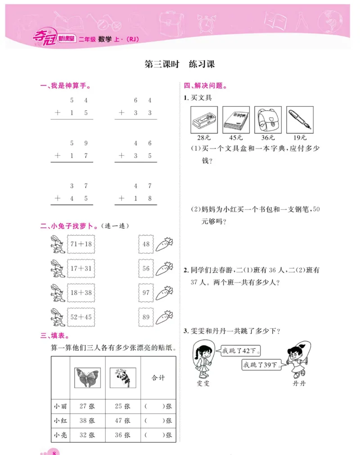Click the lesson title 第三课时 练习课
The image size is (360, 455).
click(x=179, y=64)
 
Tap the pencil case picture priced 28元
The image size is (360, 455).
click(x=204, y=120)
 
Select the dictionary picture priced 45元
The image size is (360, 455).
click(x=236, y=120)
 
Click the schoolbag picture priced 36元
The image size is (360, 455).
click(x=268, y=120)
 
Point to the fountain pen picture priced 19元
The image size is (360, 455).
click(x=300, y=120)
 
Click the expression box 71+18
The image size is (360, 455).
click(x=81, y=244)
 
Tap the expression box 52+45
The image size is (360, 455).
click(x=81, y=317)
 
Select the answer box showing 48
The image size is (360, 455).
click(x=146, y=244)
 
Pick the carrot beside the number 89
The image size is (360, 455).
click(x=165, y=318)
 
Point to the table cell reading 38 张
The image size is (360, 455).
click(x=87, y=421)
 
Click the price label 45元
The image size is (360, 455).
click(x=236, y=137)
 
